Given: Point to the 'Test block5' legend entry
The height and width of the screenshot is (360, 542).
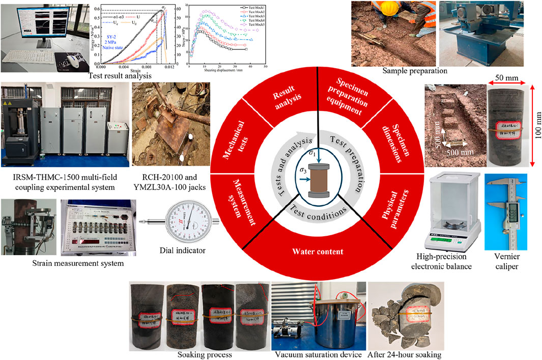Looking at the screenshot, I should coord(254,25).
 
